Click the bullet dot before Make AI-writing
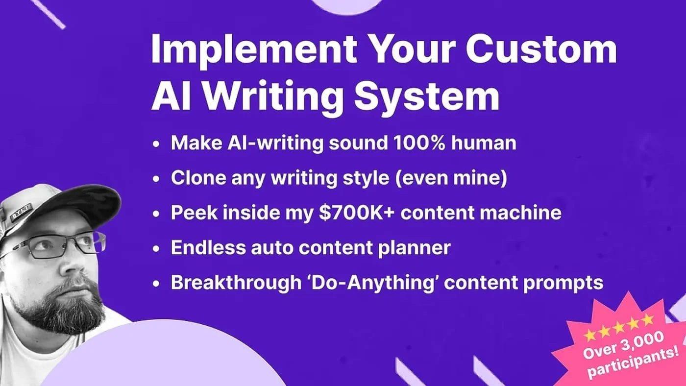[156, 144]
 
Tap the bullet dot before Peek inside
[156, 214]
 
